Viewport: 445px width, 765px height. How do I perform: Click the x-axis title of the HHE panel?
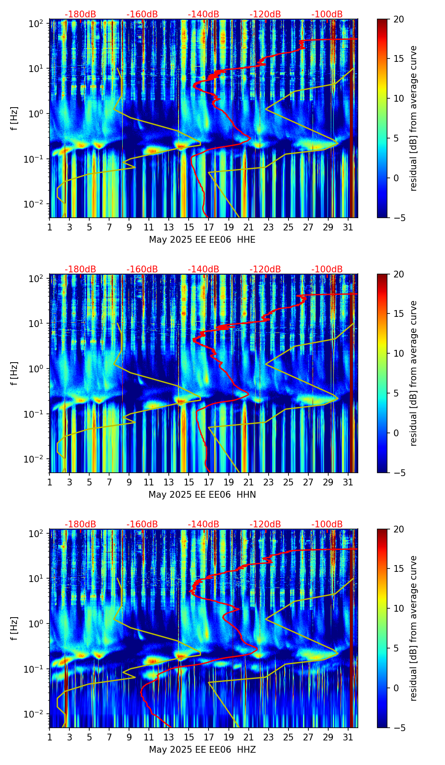point(202,240)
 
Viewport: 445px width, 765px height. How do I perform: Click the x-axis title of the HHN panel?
point(202,495)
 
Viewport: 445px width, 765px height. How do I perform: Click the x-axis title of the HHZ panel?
point(202,750)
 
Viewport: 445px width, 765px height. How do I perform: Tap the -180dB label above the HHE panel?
point(80,14)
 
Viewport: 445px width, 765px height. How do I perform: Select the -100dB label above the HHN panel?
point(327,269)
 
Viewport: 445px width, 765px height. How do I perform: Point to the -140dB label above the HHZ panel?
point(203,524)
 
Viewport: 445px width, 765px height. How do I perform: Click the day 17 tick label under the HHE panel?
point(209,227)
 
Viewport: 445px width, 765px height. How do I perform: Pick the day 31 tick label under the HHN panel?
point(348,482)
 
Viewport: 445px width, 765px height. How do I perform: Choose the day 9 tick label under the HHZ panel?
point(129,737)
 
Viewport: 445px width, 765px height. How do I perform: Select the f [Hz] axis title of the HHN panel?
point(14,373)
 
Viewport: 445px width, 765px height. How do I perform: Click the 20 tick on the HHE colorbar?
point(398,19)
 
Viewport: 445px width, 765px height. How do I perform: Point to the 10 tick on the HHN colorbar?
point(398,353)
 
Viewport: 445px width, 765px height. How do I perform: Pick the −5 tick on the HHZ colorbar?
point(398,728)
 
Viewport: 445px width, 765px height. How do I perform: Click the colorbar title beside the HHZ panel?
point(413,628)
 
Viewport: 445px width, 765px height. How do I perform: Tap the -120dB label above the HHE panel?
point(265,14)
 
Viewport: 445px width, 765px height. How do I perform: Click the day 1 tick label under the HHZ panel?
point(50,737)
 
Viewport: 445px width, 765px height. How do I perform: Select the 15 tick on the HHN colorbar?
point(398,314)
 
